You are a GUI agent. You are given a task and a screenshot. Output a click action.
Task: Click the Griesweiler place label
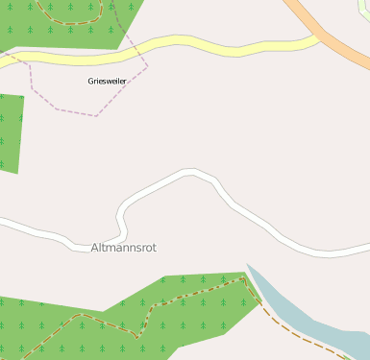107,82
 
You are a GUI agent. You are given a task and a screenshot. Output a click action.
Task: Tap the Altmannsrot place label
123,248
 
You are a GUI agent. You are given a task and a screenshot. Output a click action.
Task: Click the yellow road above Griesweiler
192,43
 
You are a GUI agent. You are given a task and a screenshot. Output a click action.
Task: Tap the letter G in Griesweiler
90,82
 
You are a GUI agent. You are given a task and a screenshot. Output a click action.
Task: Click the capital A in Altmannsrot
94,248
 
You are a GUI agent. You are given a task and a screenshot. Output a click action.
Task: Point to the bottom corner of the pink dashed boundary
96,116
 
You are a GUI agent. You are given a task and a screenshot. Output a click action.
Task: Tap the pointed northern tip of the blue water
247,265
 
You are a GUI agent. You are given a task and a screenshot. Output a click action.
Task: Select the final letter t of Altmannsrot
154,248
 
